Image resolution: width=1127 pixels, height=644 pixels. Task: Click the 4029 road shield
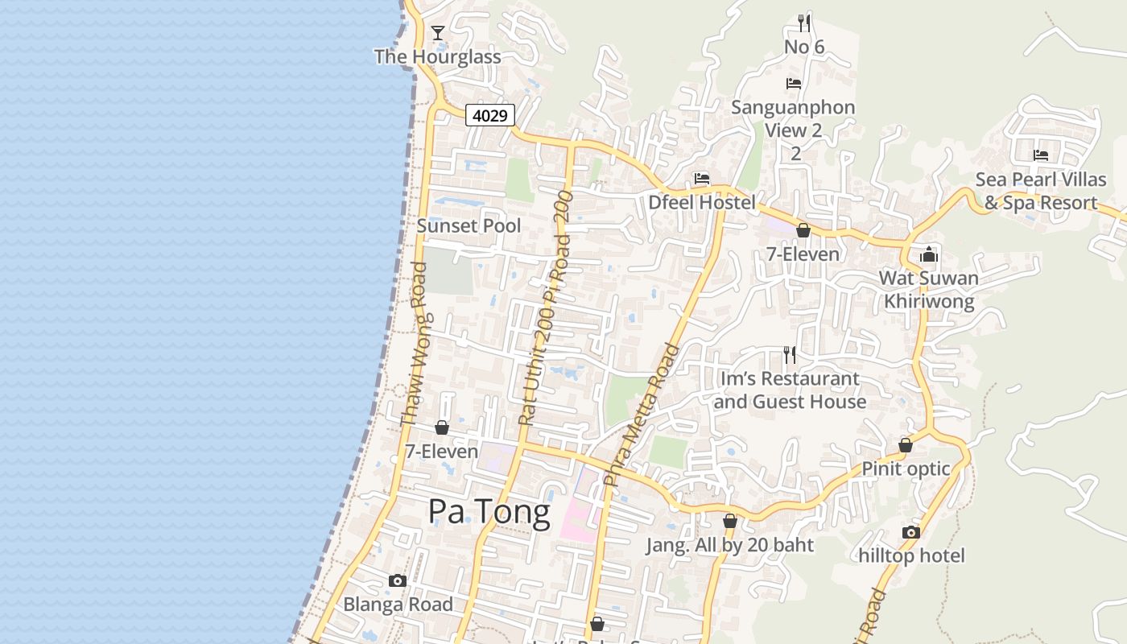pos(489,115)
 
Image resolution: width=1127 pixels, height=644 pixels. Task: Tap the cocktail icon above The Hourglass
pos(438,33)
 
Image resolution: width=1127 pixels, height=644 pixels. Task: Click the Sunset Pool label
pos(469,225)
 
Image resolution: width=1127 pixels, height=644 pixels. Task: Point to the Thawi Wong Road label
pos(414,344)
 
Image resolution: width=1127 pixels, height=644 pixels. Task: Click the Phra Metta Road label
pos(642,415)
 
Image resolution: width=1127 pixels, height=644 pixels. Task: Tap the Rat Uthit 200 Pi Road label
pos(546,308)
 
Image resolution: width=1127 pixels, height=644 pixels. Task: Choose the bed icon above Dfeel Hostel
pos(702,179)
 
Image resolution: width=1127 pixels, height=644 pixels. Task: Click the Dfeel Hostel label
pos(702,202)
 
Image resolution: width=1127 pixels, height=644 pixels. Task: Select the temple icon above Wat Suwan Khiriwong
pos(929,254)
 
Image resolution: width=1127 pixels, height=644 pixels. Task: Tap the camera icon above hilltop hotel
pos(911,532)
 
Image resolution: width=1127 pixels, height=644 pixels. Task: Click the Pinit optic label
pos(906,469)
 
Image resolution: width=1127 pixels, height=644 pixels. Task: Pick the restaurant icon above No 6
pos(803,22)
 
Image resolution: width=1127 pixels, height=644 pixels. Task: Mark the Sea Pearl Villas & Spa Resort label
pos(1040,191)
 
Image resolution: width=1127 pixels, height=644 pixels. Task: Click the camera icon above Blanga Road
pos(398,580)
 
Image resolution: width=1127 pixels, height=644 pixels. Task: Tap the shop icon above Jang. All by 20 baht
pos(730,522)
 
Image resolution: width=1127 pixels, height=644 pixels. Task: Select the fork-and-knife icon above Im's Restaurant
pos(790,354)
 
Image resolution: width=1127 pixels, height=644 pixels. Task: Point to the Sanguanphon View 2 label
pos(793,118)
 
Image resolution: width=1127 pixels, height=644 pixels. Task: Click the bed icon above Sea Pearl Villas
pos(1041,155)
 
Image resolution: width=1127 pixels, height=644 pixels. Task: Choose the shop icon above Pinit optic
pos(906,445)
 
